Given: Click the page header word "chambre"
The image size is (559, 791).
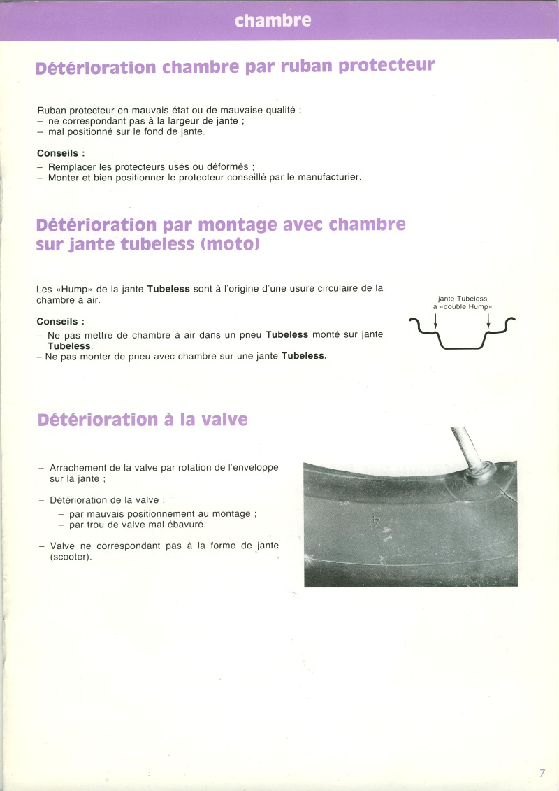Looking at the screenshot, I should coord(273,21).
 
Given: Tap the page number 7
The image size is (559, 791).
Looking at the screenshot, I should coord(542,773).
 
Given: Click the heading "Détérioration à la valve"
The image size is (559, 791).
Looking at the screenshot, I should coord(143,420).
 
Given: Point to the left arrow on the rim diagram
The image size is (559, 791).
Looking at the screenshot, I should coord(435,320).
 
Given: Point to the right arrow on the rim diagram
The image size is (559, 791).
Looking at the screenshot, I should coord(488,320).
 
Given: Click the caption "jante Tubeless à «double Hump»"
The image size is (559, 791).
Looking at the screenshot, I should coord(462,303).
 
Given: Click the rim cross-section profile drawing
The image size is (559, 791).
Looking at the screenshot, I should coord(462,334).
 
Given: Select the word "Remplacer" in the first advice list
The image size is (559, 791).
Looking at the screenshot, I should coord(72,166).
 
